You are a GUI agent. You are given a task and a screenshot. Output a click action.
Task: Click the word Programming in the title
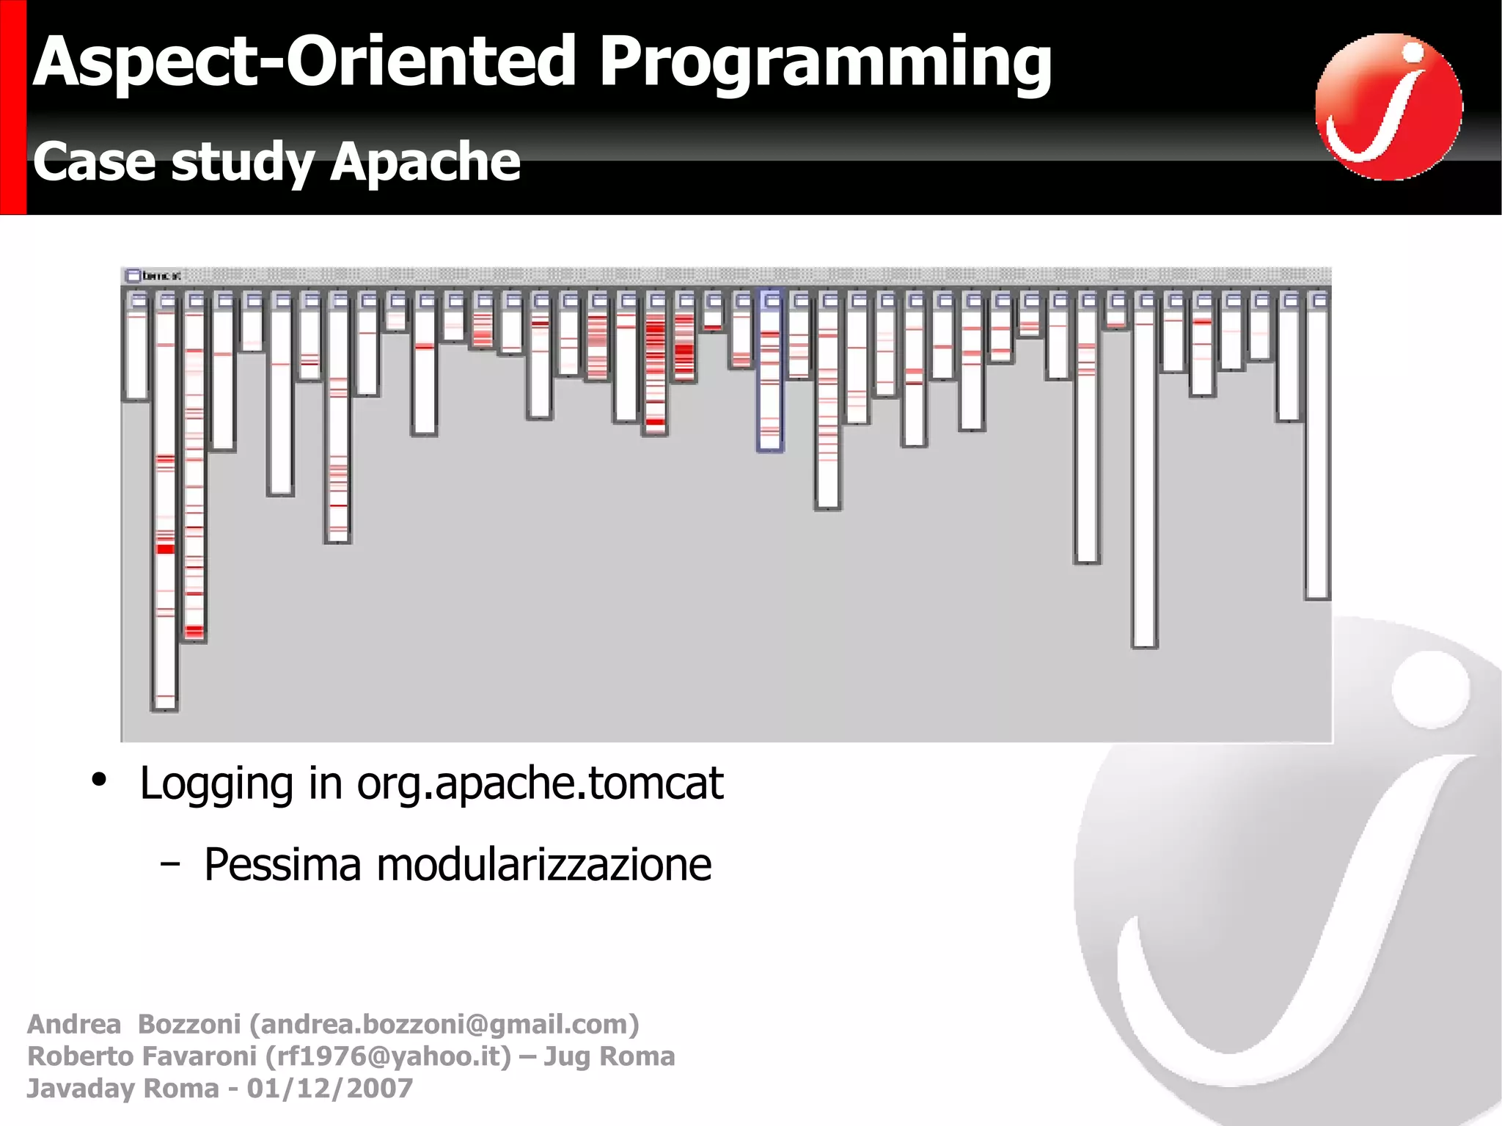click(x=825, y=65)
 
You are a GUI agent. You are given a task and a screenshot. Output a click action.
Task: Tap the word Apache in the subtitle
click(x=425, y=162)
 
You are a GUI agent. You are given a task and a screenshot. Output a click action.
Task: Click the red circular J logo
click(x=1388, y=107)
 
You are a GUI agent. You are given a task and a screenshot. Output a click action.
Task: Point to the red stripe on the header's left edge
click(x=12, y=107)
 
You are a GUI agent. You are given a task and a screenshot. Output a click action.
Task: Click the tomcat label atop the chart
click(x=161, y=276)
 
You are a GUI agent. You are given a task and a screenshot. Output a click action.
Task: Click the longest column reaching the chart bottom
click(x=165, y=506)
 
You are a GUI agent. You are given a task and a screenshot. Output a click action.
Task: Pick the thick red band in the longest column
click(x=166, y=549)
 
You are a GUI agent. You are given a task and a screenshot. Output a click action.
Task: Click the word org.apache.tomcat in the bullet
click(x=540, y=783)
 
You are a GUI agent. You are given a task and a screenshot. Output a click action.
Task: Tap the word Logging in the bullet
click(x=216, y=783)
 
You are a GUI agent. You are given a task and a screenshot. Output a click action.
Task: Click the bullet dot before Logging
click(x=99, y=779)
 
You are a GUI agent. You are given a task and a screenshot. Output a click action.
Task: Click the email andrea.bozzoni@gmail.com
click(x=444, y=1024)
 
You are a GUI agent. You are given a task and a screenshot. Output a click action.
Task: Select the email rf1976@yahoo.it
click(x=388, y=1056)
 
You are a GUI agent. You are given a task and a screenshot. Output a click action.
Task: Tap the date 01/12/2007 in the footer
click(x=329, y=1089)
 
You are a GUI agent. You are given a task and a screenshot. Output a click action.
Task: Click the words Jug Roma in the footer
click(x=609, y=1056)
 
